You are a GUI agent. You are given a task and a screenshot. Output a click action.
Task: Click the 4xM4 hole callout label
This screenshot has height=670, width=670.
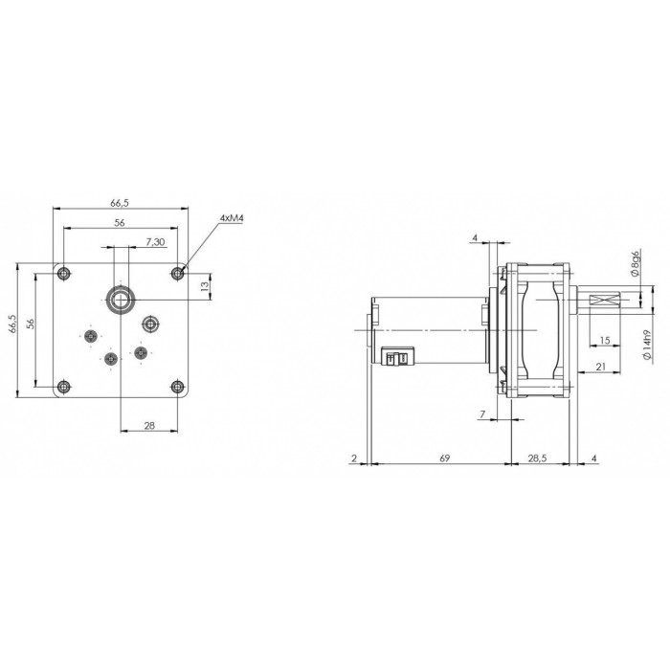tap(232, 219)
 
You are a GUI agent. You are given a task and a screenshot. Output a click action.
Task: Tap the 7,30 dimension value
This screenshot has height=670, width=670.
tap(155, 242)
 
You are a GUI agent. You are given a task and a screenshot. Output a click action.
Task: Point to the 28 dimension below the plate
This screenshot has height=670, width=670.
tap(149, 425)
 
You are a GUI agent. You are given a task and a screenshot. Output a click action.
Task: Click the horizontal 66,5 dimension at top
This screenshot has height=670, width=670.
tap(120, 203)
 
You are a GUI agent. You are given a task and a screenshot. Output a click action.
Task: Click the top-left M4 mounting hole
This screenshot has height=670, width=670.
tap(64, 273)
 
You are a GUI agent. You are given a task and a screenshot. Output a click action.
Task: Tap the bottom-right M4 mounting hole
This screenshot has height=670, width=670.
tap(177, 387)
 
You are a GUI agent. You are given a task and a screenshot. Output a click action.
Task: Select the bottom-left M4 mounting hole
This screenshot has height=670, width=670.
tap(64, 387)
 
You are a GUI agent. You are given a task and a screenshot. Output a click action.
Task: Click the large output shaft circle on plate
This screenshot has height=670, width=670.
tap(121, 300)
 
